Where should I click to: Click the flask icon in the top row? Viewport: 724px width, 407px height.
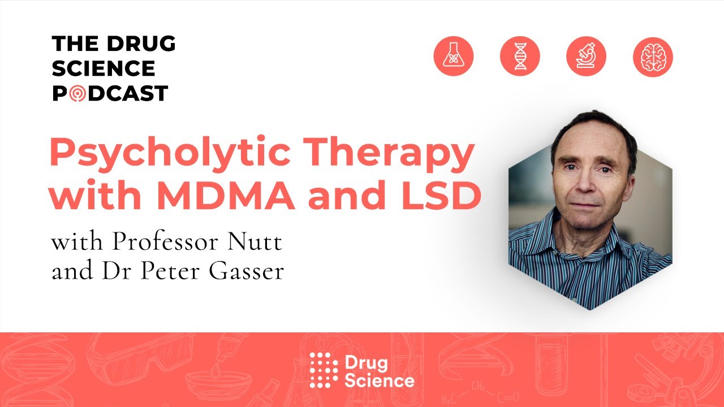[x=453, y=57]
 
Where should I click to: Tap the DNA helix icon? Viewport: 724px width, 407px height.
[x=520, y=57]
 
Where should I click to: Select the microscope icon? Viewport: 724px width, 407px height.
[x=586, y=57]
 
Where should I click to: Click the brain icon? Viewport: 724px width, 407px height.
[x=653, y=57]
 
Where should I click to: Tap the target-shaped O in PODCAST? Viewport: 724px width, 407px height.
[x=77, y=93]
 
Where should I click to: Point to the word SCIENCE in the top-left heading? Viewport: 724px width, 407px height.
[x=104, y=68]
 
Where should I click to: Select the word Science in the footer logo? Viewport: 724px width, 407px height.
[x=379, y=380]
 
